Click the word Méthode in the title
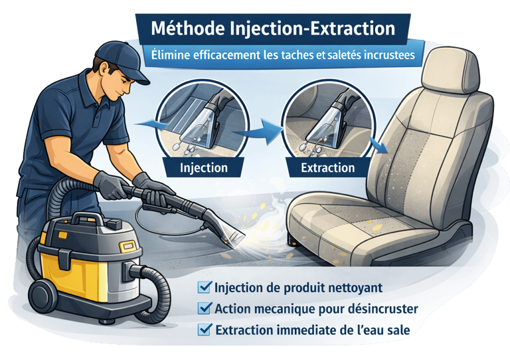point(188,29)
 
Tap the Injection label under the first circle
point(204,168)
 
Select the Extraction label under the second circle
point(327,168)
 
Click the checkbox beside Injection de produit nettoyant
point(205,287)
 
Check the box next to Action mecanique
point(205,308)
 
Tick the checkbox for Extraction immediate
point(205,329)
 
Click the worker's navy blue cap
point(123,60)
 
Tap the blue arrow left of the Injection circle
point(152,125)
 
